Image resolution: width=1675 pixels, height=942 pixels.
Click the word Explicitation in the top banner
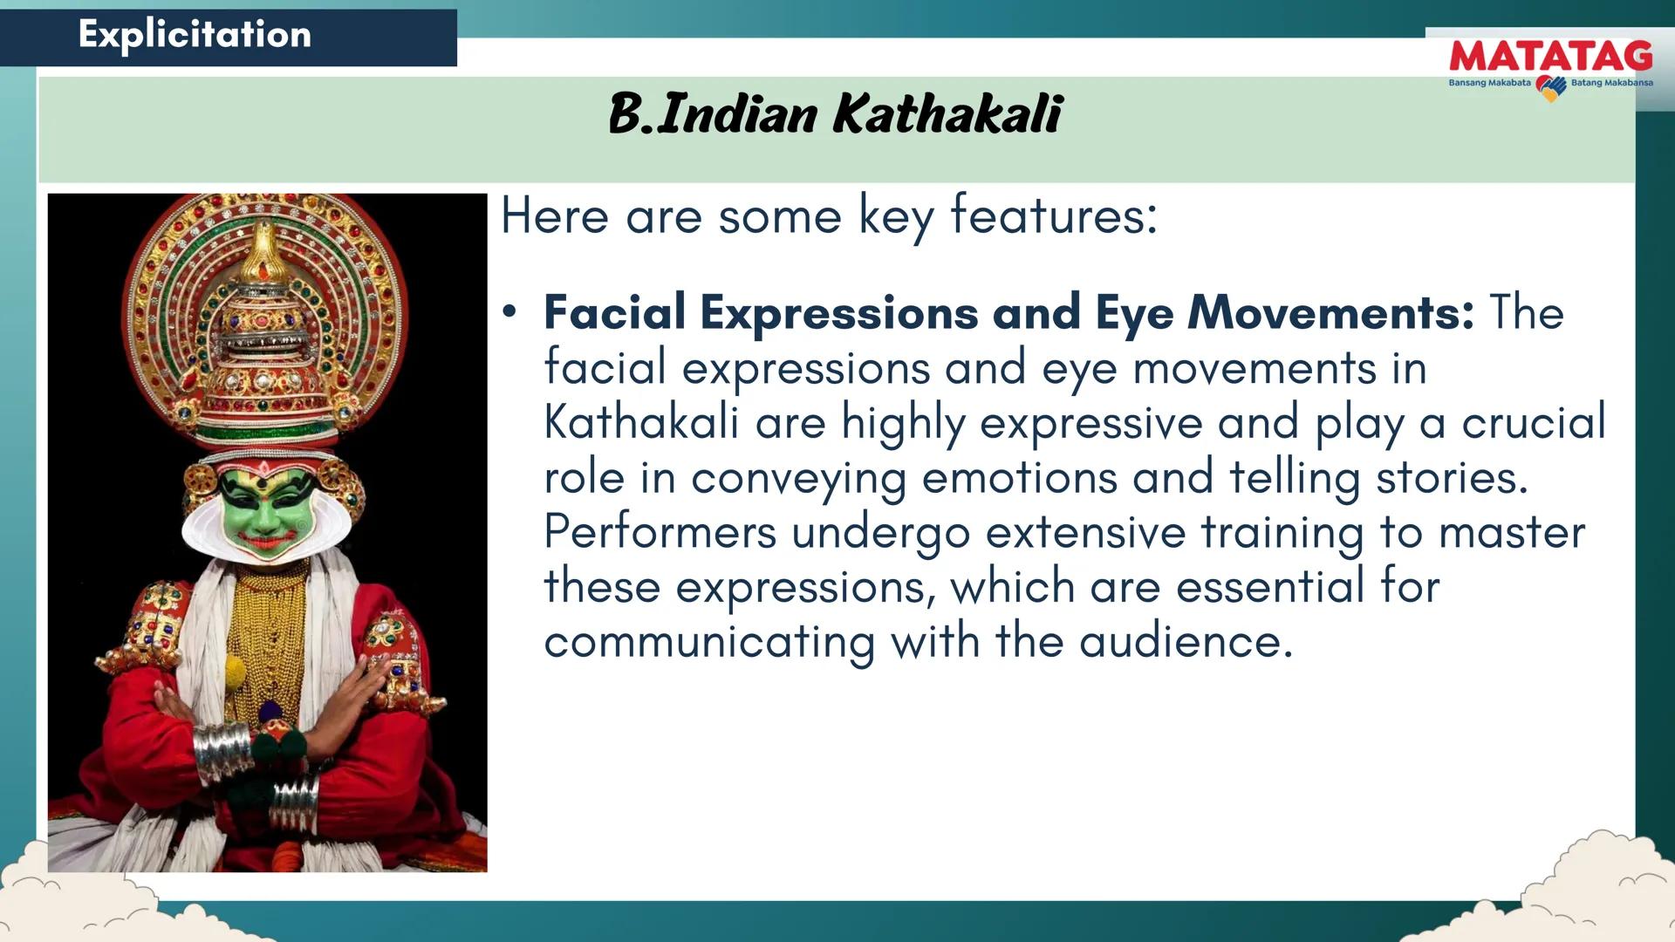coord(195,35)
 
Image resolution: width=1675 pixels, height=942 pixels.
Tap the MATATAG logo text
coord(1550,57)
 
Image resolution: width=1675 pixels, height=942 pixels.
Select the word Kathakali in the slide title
coord(947,113)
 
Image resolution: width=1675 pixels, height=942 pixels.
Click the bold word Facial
coord(614,312)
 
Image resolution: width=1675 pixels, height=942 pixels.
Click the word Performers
coord(660,532)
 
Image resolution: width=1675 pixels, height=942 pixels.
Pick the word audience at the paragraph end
coord(1186,642)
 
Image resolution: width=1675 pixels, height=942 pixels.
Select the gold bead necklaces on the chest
coord(266,637)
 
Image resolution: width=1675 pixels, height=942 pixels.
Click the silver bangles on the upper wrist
coord(221,752)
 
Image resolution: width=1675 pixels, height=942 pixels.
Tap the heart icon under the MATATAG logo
coord(1551,88)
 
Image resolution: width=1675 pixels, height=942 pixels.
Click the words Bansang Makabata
coord(1489,83)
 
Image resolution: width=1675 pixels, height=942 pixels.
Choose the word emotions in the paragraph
coord(1019,478)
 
